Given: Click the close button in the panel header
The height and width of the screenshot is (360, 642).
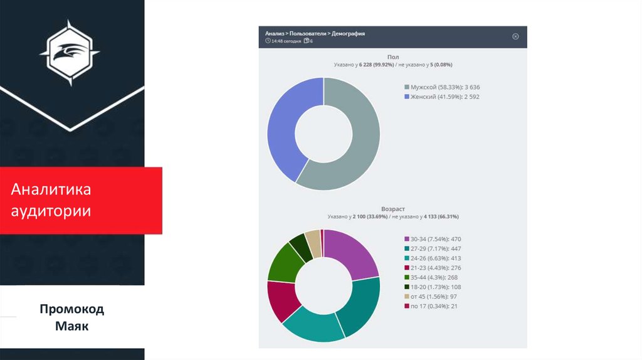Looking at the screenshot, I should [515, 36].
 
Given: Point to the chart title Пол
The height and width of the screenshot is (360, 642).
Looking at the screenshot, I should [393, 56].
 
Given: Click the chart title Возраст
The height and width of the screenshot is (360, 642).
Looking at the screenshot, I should [393, 208].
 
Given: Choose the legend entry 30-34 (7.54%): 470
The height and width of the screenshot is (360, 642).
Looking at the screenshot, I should [436, 239].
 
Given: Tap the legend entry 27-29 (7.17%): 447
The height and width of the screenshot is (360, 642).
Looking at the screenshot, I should [436, 248].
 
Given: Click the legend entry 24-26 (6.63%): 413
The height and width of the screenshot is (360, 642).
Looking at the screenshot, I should [436, 258].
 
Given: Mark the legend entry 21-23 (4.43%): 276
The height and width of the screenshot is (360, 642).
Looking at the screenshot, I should [436, 268].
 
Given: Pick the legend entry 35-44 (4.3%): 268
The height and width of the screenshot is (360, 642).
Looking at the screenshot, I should [434, 277].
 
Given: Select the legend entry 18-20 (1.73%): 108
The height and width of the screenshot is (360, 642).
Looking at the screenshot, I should [436, 287].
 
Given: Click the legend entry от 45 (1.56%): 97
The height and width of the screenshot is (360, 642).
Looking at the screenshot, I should [434, 296].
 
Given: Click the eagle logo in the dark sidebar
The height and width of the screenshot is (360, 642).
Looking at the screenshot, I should [70, 53].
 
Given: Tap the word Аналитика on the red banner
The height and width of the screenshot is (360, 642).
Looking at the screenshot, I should [51, 190].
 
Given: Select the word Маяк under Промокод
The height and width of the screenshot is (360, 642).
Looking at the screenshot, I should [71, 326].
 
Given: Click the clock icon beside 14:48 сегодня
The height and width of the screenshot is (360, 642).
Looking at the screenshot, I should [268, 41].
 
